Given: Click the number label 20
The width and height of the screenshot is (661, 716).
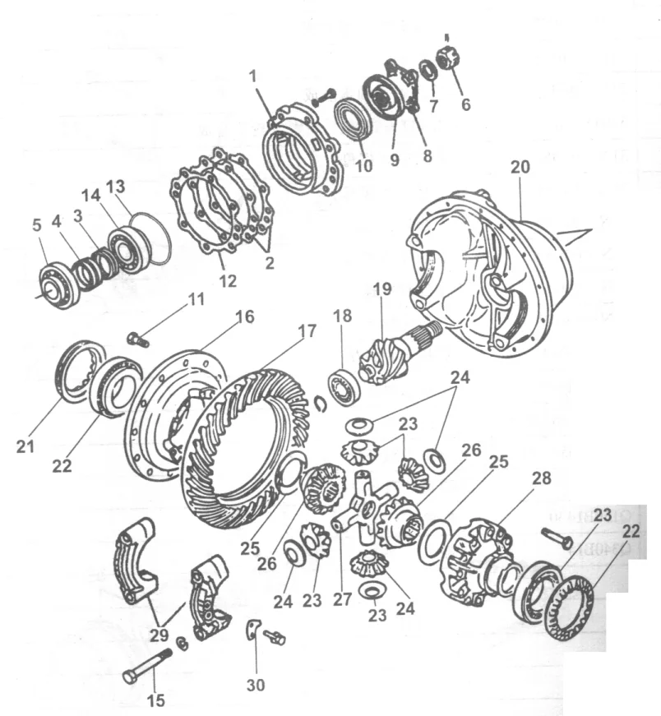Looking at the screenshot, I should pos(519,166).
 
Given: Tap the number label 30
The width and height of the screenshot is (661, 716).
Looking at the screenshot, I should pos(256,684).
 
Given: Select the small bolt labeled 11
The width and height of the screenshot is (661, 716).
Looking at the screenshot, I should pos(137,338).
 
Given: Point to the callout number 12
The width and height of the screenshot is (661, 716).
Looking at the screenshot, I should pos(228,281).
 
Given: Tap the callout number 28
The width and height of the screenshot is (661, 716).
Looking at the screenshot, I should pos(542,478).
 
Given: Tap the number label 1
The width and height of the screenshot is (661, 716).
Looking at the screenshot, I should pos(254,74).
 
